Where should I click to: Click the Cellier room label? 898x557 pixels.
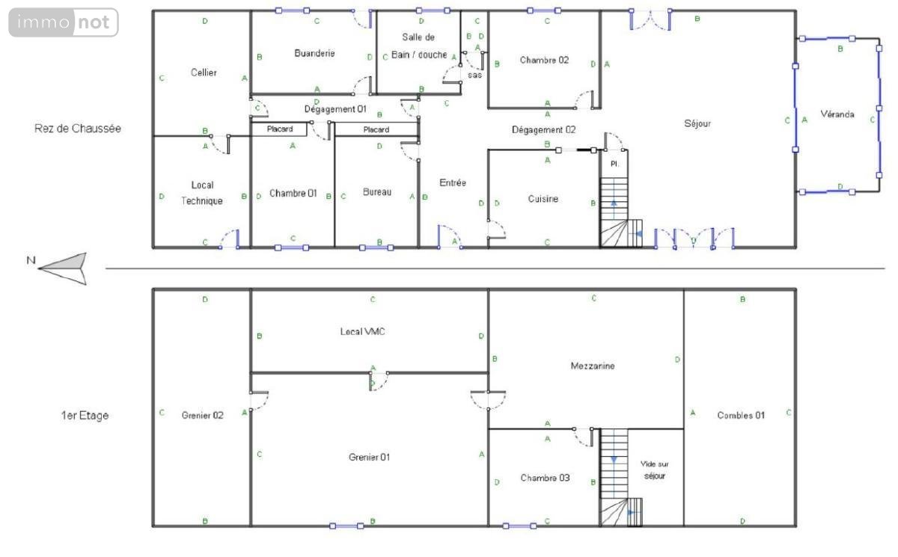204,73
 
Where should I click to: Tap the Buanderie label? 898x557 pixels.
314,53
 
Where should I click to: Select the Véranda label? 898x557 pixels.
837,114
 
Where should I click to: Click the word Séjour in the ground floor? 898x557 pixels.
697,123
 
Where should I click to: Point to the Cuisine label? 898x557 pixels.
543,199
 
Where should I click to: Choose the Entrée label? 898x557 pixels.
453,182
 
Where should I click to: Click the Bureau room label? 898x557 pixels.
377,192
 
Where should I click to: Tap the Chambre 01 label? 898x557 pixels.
293,194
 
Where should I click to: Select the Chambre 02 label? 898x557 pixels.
544,60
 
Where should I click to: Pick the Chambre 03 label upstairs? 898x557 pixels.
545,478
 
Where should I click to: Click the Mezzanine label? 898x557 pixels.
593,366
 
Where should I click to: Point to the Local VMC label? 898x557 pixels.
362,331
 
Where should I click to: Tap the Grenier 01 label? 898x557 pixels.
369,457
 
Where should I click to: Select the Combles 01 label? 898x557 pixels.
741,415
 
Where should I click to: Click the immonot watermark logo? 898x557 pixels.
64,22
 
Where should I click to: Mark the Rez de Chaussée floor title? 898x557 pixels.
78,129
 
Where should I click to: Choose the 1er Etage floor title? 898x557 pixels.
85,415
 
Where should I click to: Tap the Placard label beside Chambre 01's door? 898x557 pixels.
280,129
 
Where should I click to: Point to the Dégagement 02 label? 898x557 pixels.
543,130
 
